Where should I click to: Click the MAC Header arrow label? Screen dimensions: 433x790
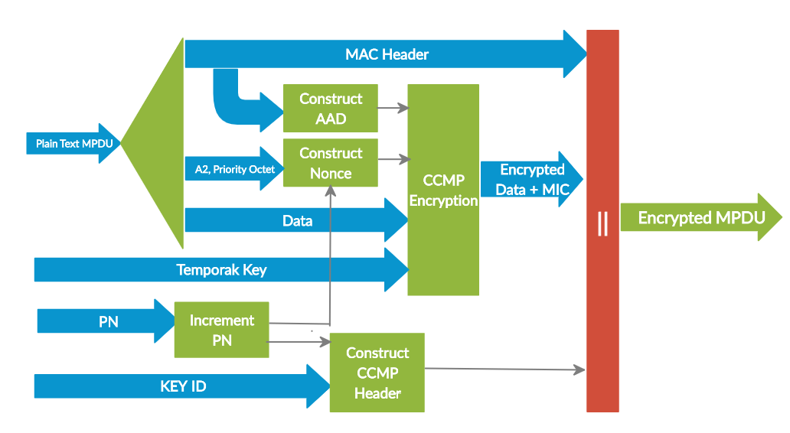[387, 54]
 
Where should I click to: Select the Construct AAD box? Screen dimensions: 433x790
[331, 109]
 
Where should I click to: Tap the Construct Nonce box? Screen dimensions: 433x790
[331, 163]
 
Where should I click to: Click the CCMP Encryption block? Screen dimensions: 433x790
[443, 190]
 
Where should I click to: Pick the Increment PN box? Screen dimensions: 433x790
[222, 330]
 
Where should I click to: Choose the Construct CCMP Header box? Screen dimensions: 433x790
[377, 373]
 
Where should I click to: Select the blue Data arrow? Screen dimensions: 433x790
[297, 221]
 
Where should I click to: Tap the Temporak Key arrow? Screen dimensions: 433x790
[221, 269]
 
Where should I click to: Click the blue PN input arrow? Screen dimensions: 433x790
[107, 321]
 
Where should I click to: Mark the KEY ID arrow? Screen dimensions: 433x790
[183, 386]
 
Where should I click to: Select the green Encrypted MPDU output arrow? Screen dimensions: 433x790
[701, 218]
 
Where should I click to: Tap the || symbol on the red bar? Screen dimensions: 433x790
[602, 223]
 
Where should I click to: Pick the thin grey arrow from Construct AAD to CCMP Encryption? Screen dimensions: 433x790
[392, 109]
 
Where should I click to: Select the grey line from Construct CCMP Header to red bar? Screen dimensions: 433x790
[505, 370]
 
